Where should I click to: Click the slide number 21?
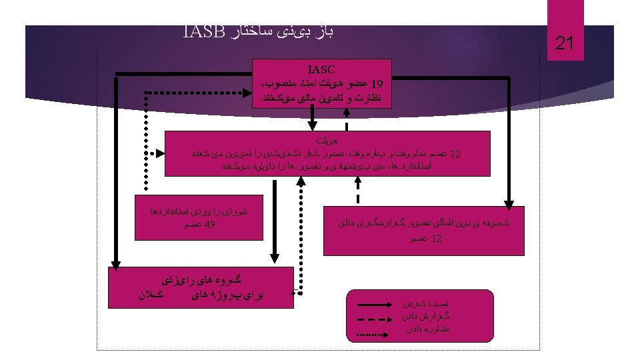[x=565, y=45]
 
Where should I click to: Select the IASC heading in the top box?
[x=322, y=69]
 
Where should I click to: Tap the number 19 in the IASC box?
[x=377, y=85]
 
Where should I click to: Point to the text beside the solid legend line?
[x=427, y=303]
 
